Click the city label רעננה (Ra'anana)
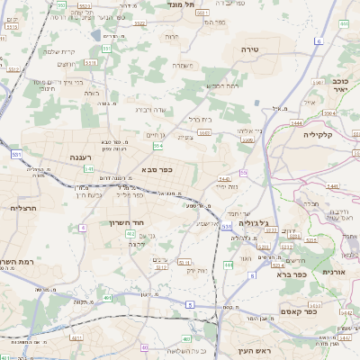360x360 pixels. point(82,157)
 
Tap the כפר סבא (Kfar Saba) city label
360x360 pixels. point(157,168)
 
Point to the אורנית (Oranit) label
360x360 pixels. point(334,271)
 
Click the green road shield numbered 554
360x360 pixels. point(158,145)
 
